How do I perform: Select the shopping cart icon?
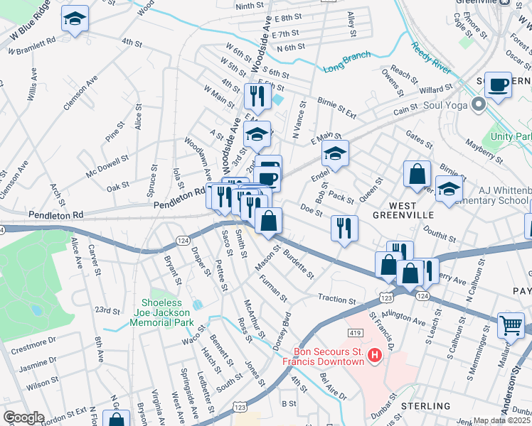point(511,326)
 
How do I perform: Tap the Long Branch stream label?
point(347,62)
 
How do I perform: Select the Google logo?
point(23,417)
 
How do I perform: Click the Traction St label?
point(336,300)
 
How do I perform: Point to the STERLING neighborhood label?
point(427,405)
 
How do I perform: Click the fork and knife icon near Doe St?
point(344,228)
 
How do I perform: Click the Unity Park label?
point(514,136)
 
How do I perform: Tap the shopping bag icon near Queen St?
point(417,173)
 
